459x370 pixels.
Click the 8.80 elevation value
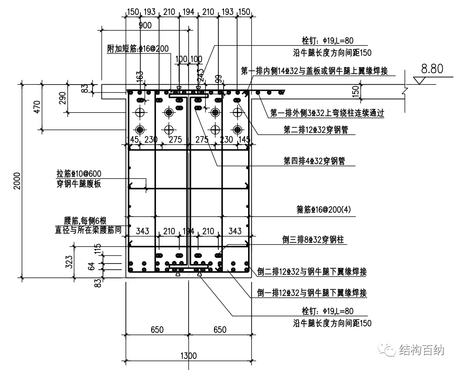432,69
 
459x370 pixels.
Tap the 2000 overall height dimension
17,180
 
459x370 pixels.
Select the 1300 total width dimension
188,356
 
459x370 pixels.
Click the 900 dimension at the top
145,25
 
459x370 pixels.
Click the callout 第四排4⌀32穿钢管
314,161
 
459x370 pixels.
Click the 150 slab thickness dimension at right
356,92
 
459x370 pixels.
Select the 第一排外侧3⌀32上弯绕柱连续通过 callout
327,113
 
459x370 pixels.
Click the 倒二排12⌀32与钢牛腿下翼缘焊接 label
312,272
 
